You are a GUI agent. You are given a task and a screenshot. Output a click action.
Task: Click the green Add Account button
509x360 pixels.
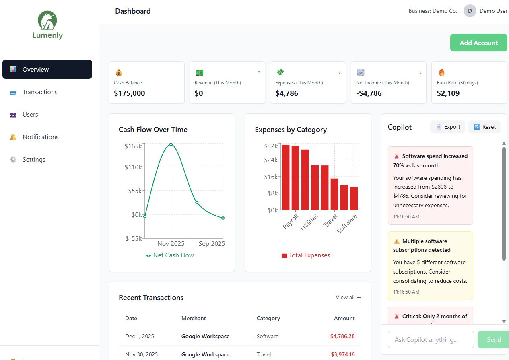point(478,43)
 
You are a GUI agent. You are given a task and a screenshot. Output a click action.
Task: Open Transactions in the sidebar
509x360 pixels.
point(40,92)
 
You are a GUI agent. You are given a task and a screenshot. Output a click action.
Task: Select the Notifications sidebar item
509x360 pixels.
point(40,137)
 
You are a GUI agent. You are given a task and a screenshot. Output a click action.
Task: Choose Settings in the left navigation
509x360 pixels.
point(34,160)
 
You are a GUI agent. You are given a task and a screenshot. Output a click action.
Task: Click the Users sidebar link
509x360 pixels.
point(30,115)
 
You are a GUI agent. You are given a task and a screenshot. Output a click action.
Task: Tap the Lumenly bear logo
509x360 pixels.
point(47,21)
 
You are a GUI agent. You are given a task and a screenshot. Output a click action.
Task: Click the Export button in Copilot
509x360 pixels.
point(448,127)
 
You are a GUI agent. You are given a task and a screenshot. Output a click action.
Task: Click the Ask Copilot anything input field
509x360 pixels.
point(431,339)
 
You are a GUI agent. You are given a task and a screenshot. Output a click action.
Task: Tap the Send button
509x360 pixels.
point(493,339)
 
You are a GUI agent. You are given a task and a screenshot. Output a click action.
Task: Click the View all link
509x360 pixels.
point(348,297)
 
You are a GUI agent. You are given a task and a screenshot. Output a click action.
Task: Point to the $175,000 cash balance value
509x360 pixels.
point(130,93)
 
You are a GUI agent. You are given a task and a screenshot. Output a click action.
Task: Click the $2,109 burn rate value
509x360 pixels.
point(448,93)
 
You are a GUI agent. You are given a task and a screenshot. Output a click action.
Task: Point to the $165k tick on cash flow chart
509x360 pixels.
point(133,146)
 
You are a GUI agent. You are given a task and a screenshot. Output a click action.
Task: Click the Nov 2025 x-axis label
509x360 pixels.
point(171,243)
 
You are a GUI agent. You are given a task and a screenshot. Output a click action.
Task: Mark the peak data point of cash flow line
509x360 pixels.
point(171,144)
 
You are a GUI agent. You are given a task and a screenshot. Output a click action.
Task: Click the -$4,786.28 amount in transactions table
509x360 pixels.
point(341,336)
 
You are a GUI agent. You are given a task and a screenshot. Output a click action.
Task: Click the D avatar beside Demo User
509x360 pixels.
point(470,11)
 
